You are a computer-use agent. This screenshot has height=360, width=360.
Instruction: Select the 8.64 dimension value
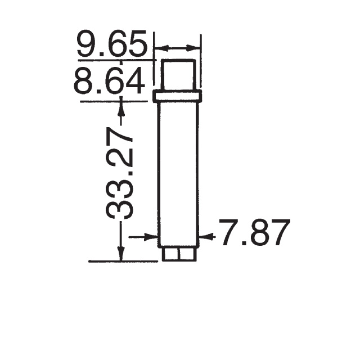point(109,82)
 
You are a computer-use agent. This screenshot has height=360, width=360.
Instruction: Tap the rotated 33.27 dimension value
point(120,173)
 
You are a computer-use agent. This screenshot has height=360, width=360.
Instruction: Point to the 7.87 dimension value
point(254,233)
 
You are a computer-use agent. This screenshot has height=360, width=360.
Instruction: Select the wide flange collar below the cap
point(177,97)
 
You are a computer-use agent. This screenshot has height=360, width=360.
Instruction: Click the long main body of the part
point(178,174)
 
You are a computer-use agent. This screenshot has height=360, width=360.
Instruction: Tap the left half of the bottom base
point(170,254)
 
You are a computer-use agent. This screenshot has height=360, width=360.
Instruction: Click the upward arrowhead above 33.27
point(120,107)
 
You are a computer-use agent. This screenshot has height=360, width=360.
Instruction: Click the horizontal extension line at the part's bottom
point(124,262)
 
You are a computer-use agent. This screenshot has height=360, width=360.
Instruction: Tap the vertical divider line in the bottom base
point(178,254)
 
